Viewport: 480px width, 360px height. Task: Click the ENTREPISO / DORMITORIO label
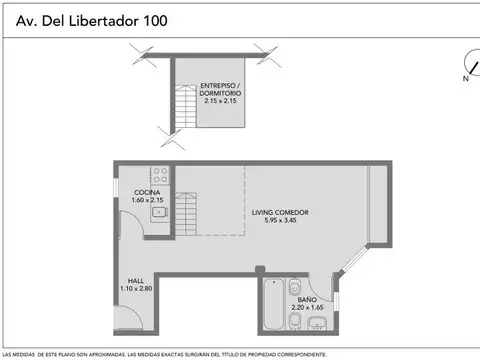point(220,88)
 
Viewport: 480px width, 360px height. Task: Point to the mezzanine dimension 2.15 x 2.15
point(220,101)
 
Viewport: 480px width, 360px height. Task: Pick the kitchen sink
point(158,211)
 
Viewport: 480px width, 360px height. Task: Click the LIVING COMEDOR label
point(279,212)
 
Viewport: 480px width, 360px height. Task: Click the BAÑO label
point(306,298)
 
